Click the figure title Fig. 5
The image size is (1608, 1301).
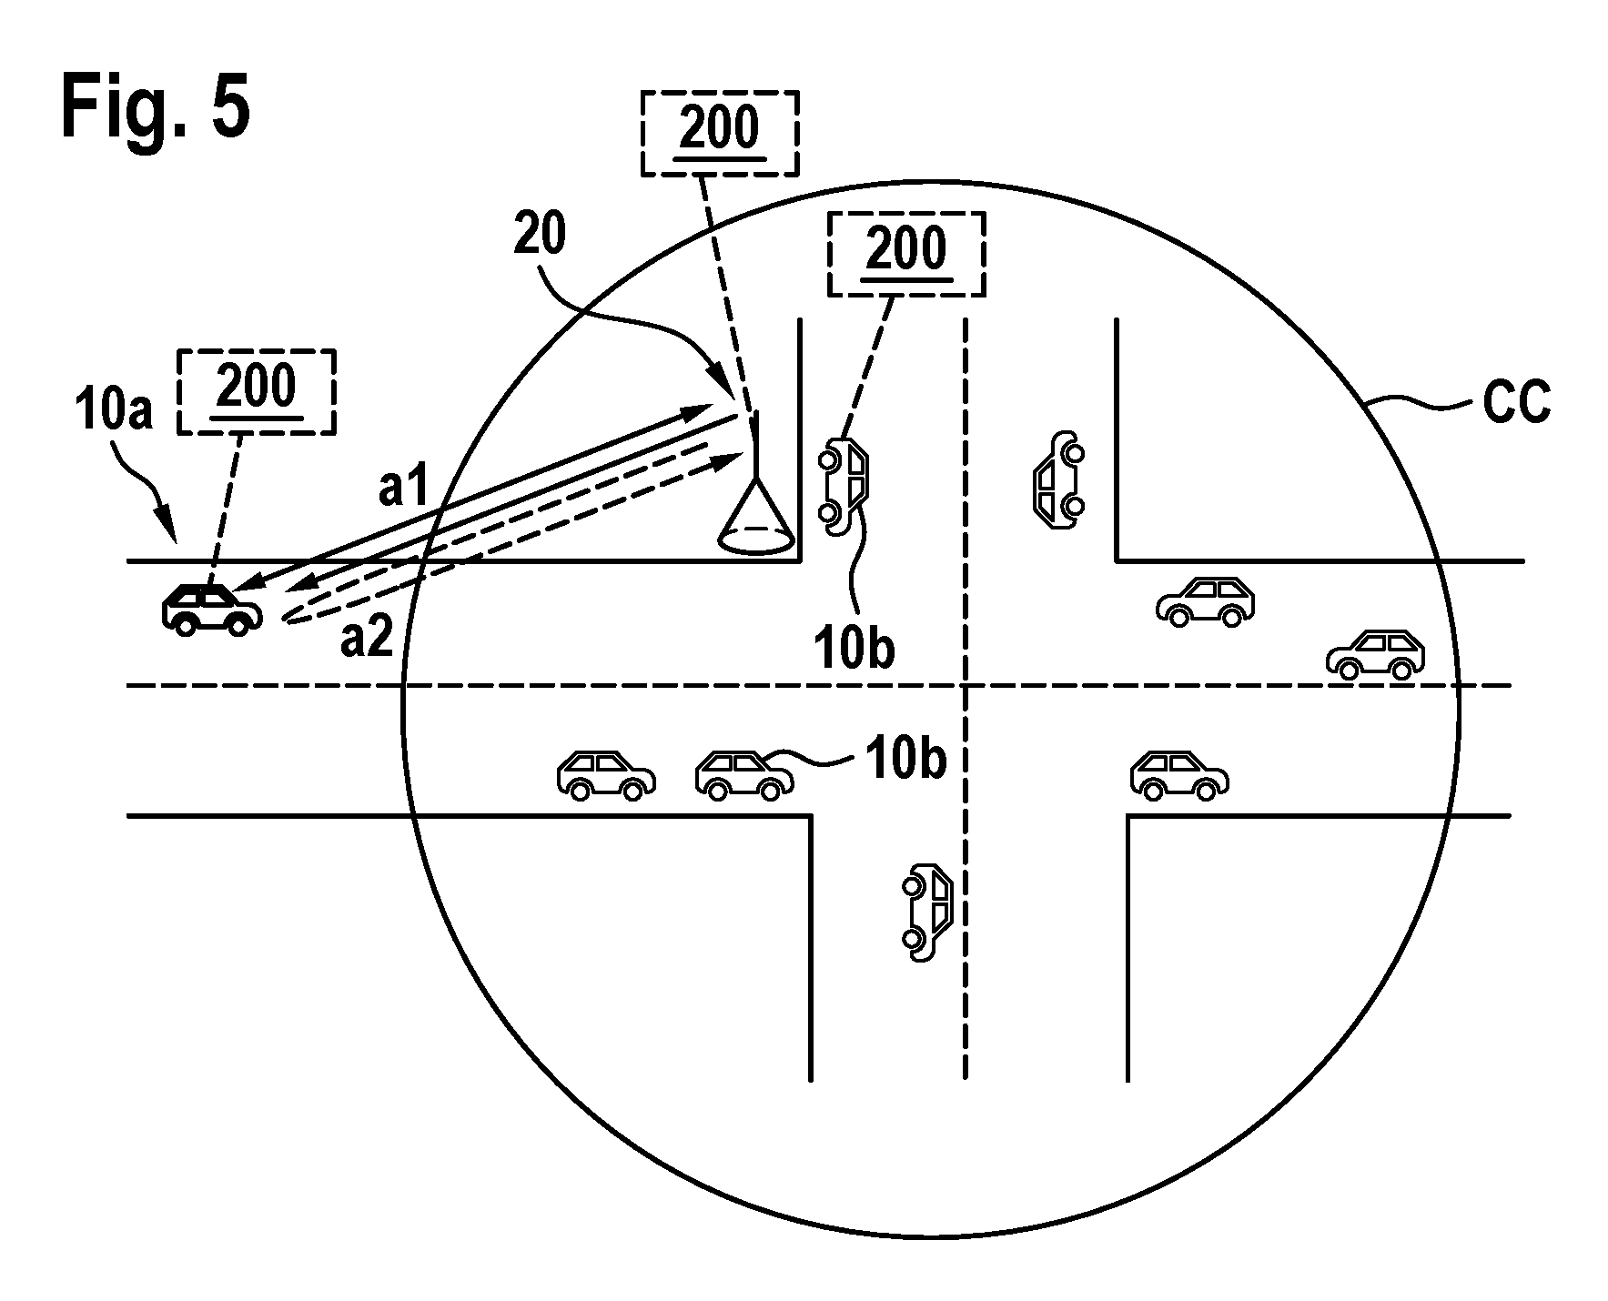coord(156,109)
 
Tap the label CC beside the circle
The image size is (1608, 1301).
coord(1515,402)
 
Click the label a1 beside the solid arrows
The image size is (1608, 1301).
coord(403,489)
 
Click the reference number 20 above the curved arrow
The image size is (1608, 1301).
coord(540,234)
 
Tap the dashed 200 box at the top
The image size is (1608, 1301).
coord(720,133)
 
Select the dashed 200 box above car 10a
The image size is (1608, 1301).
coord(257,391)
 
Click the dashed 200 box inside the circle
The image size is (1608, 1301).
coord(906,254)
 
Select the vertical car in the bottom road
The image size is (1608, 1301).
coord(926,911)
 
